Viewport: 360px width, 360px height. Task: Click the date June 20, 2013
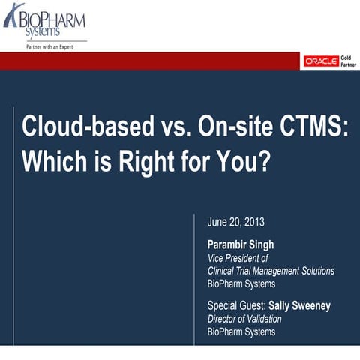(x=235, y=223)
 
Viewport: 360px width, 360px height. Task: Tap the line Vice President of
(x=237, y=258)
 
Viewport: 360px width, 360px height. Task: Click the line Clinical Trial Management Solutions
(x=271, y=271)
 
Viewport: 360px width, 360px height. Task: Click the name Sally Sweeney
(x=301, y=305)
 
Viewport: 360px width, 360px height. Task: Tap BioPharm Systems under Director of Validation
(x=241, y=331)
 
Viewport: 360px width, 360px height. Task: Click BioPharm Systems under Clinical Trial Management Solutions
(x=241, y=283)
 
